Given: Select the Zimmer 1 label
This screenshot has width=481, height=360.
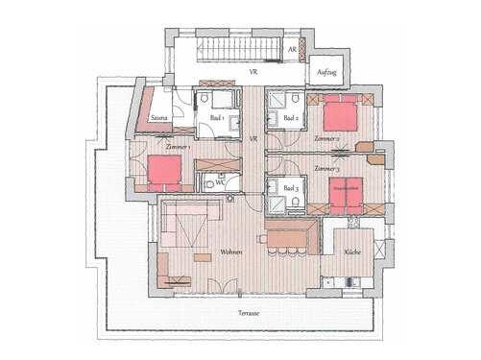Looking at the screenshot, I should (178, 147).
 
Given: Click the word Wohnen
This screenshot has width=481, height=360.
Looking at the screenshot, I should (229, 252).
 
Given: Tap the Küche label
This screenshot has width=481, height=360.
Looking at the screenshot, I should (352, 252).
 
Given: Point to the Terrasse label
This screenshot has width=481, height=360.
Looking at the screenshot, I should (253, 314).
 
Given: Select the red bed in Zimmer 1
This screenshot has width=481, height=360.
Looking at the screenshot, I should (164, 171).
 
